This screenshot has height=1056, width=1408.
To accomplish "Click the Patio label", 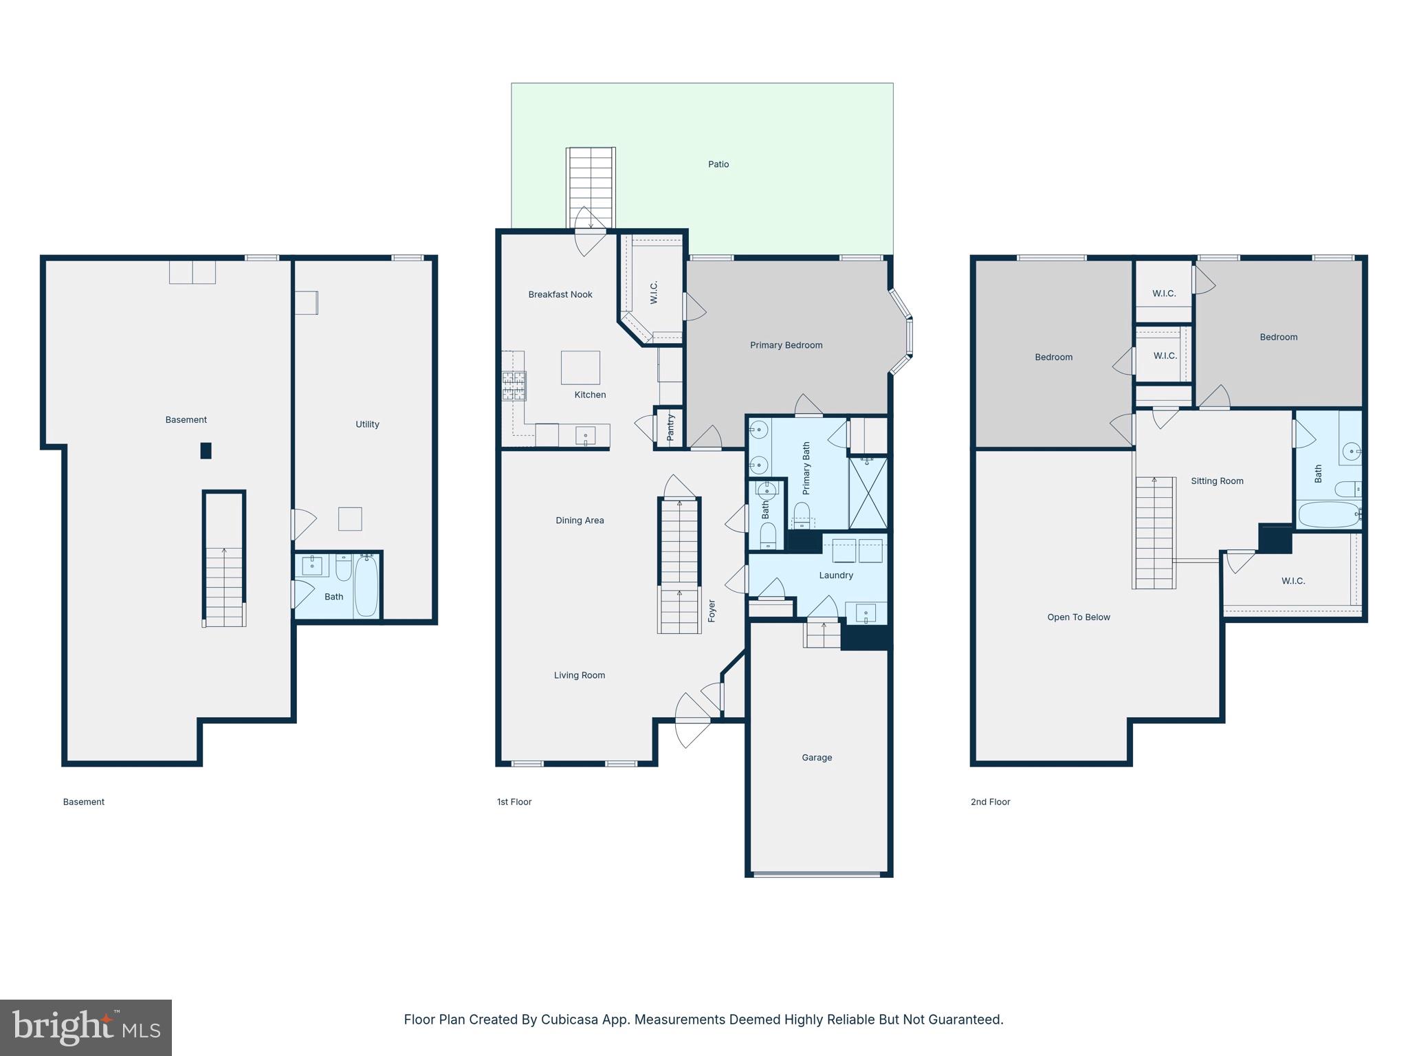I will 718,164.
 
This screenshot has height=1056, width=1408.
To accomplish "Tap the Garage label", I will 817,758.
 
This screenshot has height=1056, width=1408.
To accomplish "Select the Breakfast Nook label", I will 560,294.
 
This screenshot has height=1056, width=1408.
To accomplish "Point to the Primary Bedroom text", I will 786,345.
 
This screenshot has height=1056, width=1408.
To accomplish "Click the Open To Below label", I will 1078,617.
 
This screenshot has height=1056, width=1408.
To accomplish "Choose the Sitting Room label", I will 1217,481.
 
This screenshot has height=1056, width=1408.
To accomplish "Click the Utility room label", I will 367,424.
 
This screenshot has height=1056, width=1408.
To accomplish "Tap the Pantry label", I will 671,428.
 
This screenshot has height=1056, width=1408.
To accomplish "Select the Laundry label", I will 836,575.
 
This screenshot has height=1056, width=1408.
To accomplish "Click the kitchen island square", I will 580,368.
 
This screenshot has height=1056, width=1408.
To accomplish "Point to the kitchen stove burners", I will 514,386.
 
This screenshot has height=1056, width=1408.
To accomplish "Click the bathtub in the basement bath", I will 366,586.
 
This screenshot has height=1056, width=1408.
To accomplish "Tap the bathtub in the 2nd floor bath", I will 1328,514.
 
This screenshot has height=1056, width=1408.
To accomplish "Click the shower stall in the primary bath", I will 868,492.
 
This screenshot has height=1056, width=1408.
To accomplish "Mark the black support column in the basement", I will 206,450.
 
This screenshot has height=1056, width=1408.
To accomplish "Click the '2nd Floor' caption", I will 990,802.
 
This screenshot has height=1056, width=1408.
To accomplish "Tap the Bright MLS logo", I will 86,1028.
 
